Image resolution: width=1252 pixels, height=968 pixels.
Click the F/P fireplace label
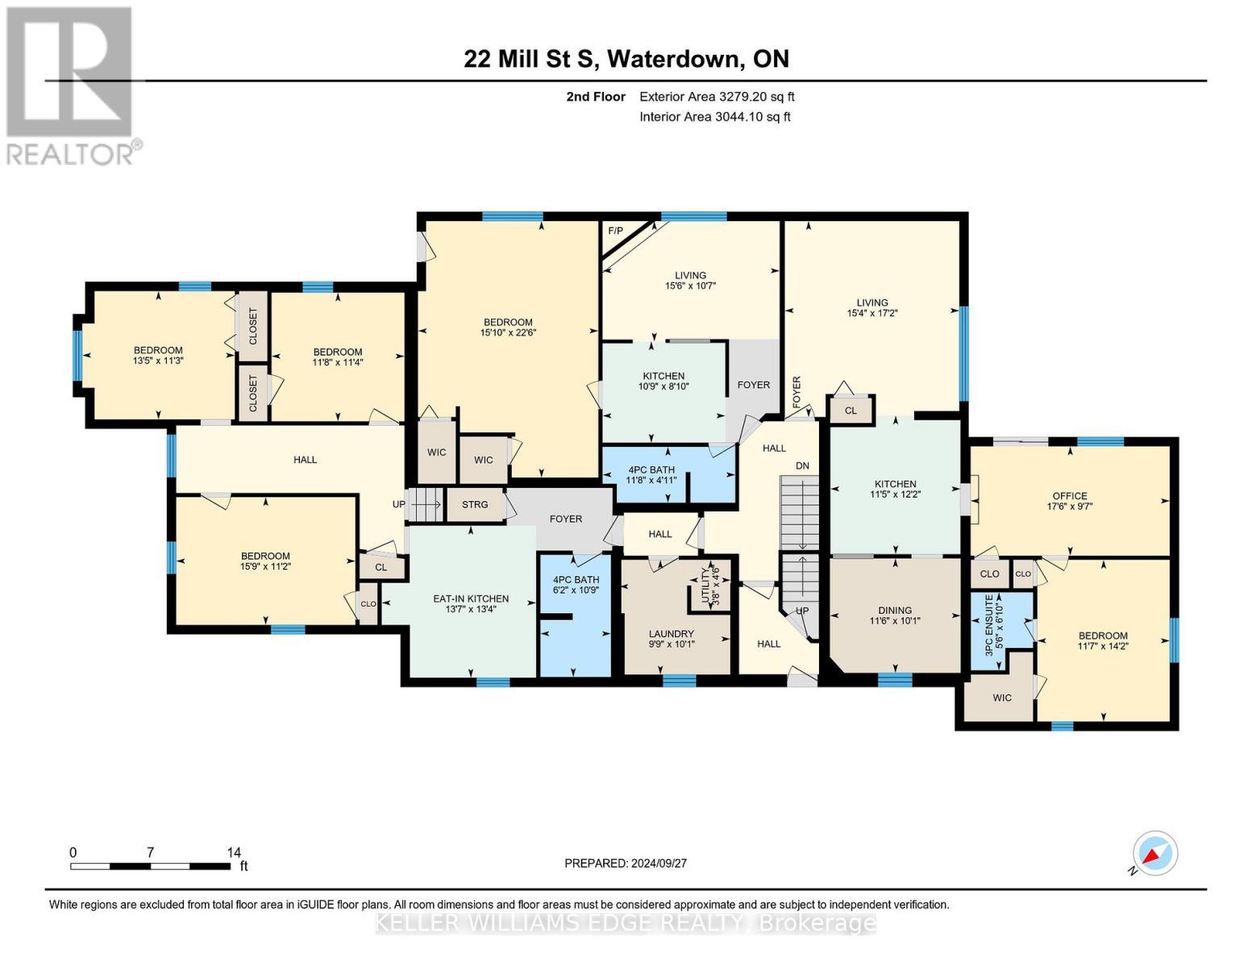tap(615, 231)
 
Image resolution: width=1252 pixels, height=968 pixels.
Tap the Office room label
tap(1069, 496)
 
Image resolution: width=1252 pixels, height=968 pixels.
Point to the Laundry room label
tap(671, 634)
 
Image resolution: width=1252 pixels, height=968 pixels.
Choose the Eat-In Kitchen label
tap(471, 599)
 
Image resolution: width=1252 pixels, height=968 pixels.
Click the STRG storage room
tap(475, 505)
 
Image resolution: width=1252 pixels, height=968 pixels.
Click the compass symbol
tap(1154, 853)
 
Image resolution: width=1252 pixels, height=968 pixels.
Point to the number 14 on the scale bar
tap(234, 853)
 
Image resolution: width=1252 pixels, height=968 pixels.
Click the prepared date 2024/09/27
tap(625, 863)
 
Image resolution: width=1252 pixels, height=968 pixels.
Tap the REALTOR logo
tap(70, 85)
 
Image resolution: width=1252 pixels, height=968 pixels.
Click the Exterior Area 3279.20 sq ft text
tap(717, 97)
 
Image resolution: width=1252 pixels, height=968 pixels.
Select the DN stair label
tap(802, 466)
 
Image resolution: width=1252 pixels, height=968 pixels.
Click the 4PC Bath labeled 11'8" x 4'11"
tap(651, 474)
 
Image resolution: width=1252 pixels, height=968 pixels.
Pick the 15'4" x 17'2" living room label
tap(871, 308)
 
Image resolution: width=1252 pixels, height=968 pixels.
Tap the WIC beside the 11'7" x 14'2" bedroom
tap(1001, 698)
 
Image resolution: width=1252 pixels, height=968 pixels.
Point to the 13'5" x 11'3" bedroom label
tap(158, 356)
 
